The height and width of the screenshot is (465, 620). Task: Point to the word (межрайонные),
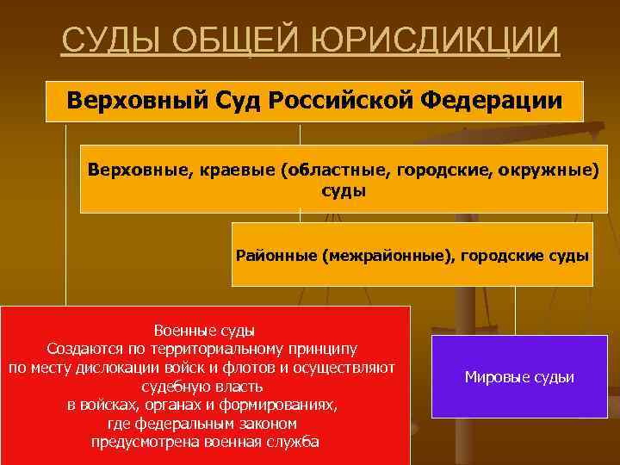[388, 255]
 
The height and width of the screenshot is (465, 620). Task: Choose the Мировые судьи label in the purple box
[519, 377]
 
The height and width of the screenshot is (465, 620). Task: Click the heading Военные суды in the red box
[204, 331]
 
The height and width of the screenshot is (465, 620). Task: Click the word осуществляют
[343, 368]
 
